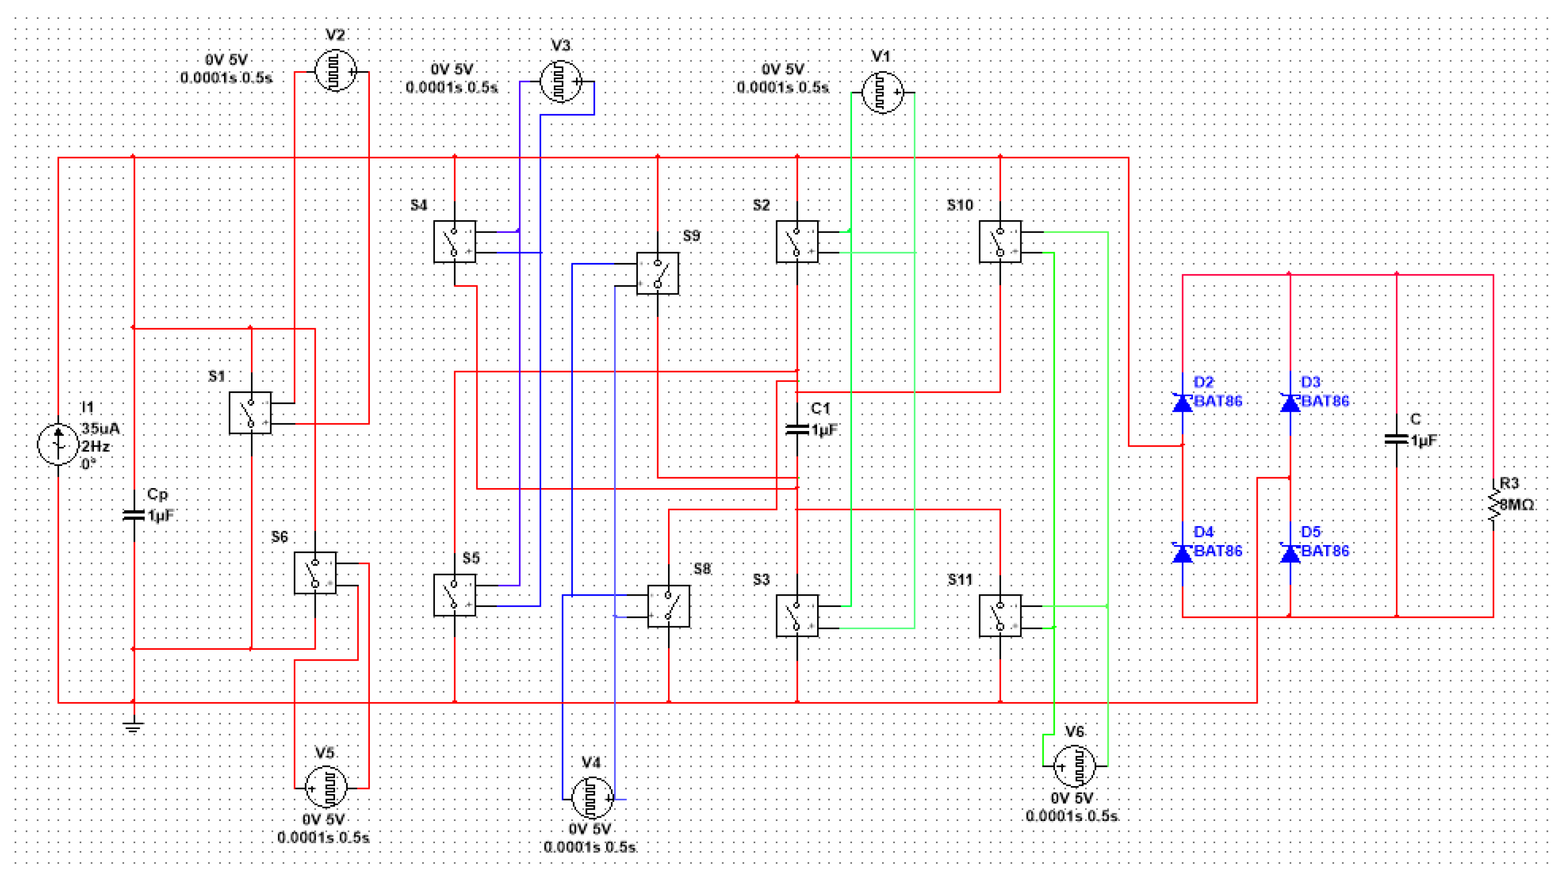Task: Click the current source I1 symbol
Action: click(x=58, y=444)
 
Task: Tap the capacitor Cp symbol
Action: click(x=134, y=515)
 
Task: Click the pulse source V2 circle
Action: click(x=335, y=71)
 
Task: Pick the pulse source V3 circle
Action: click(x=561, y=81)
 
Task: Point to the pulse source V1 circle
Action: click(x=882, y=92)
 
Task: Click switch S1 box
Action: click(x=251, y=413)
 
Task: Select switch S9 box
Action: click(x=657, y=274)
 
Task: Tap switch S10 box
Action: click(x=1000, y=241)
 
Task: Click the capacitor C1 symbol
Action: click(x=797, y=429)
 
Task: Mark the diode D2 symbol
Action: click(x=1182, y=403)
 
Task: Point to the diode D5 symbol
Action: click(x=1290, y=553)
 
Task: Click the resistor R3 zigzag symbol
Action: click(x=1493, y=505)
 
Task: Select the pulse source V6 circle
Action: click(x=1075, y=766)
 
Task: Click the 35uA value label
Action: click(x=100, y=429)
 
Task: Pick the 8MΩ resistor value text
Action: click(x=1517, y=505)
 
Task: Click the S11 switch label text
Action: click(x=960, y=580)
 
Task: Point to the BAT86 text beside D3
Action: click(x=1325, y=401)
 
